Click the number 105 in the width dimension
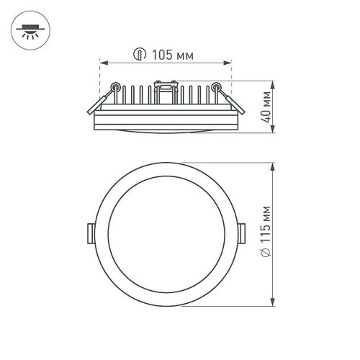tap(162, 54)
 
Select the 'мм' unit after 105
tap(184, 54)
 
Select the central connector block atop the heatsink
tap(166, 89)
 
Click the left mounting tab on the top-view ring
tap(90, 233)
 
